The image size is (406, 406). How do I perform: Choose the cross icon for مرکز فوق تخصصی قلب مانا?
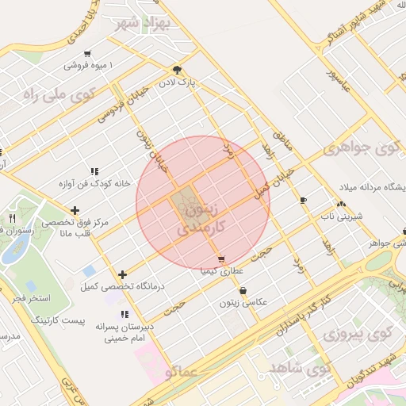[75, 210]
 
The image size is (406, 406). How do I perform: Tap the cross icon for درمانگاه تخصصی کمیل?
[122, 274]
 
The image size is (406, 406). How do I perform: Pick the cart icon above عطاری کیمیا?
[220, 259]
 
